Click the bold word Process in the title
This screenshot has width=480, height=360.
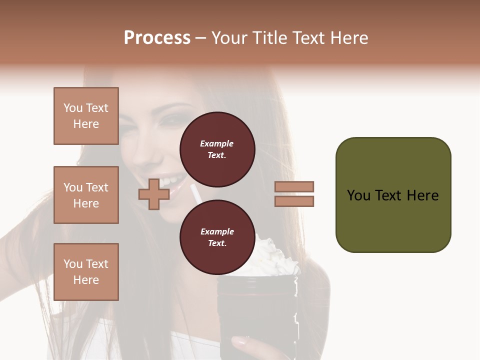pyautogui.click(x=157, y=38)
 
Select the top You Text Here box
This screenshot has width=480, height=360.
pyautogui.click(x=86, y=116)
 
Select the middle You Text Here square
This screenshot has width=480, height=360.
pyautogui.click(x=86, y=195)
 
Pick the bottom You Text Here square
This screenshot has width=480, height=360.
pyautogui.click(x=86, y=272)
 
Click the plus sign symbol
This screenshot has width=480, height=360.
pyautogui.click(x=154, y=194)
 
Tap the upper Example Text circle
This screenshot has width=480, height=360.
pyautogui.click(x=217, y=149)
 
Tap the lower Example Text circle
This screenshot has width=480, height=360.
pyautogui.click(x=217, y=237)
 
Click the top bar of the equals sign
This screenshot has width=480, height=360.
pyautogui.click(x=294, y=186)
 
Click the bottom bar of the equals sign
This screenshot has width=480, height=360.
pyautogui.click(x=294, y=201)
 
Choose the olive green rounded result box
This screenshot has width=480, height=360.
pyautogui.click(x=393, y=195)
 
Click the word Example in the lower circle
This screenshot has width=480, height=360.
pyautogui.click(x=217, y=231)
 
